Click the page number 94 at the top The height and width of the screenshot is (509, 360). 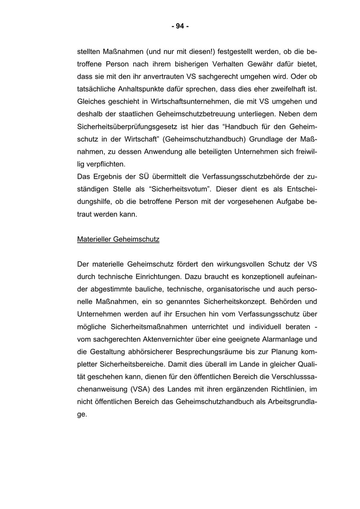click(180, 26)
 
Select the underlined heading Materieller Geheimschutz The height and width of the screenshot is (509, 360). click(118, 240)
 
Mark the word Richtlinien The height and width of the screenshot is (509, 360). click(289, 389)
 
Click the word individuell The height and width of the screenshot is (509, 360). click(267, 327)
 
